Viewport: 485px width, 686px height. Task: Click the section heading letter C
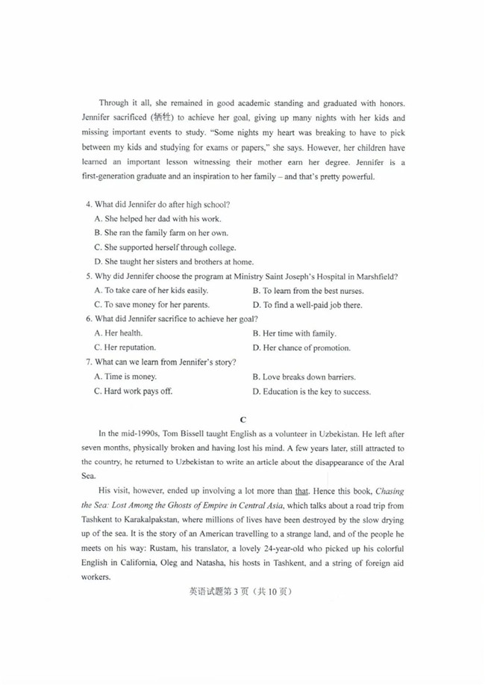(242, 418)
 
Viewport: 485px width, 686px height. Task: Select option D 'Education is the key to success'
(311, 391)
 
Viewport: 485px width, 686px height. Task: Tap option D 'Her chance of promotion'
(301, 347)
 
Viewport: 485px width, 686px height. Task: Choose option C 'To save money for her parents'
(151, 305)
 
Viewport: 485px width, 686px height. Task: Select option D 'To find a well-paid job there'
(307, 305)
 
